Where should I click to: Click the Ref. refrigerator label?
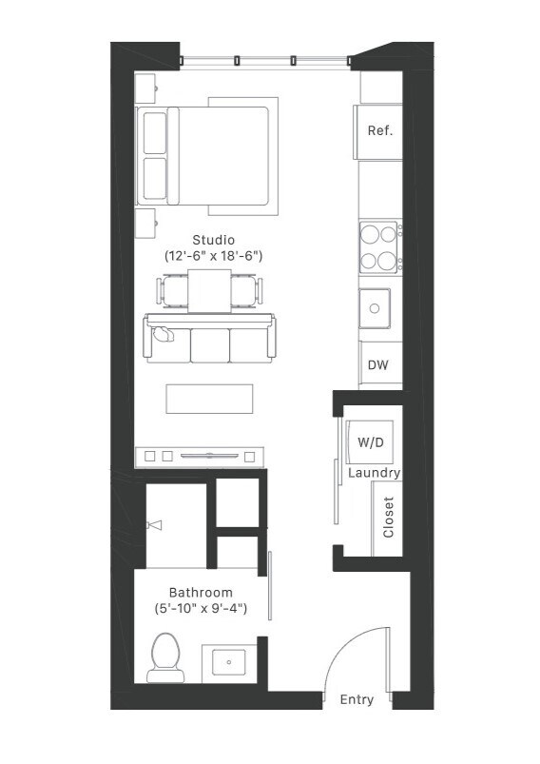click(x=379, y=131)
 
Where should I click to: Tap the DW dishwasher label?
click(x=378, y=365)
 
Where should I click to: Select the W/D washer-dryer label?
click(x=370, y=442)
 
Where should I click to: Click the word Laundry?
click(x=374, y=473)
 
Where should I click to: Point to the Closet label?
click(x=388, y=519)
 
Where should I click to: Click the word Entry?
click(x=357, y=699)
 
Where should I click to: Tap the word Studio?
click(x=213, y=239)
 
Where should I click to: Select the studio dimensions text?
click(x=213, y=256)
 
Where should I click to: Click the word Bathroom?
click(x=201, y=592)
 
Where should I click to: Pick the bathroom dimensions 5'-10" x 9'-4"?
click(x=201, y=609)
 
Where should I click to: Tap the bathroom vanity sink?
click(x=228, y=662)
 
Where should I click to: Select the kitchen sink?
click(x=374, y=307)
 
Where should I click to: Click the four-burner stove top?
click(x=378, y=246)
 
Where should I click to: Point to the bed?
click(x=204, y=155)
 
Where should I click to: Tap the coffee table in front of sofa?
click(x=209, y=398)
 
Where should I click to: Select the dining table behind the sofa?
click(x=209, y=289)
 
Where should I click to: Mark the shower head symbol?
click(x=154, y=524)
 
